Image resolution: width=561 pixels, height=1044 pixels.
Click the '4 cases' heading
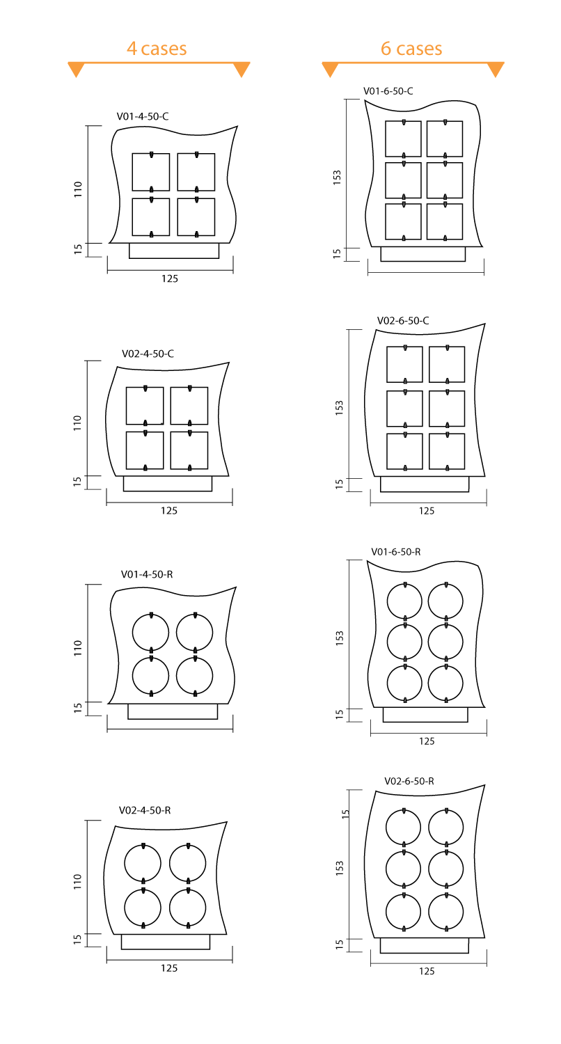[157, 49]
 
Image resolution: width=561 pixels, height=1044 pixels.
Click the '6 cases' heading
[411, 49]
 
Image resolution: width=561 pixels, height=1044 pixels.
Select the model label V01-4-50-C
[143, 116]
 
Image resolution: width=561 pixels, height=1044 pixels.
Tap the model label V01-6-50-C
[388, 91]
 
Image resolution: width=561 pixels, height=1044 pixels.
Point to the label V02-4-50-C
[148, 354]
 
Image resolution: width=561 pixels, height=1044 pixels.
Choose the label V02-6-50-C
[403, 321]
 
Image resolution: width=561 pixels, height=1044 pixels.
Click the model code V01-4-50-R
[147, 575]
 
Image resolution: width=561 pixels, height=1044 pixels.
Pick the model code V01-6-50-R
[396, 552]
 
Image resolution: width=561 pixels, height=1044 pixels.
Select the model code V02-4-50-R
[145, 811]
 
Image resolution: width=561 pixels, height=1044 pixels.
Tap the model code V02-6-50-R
[409, 781]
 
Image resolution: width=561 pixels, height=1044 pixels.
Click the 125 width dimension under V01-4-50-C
[170, 278]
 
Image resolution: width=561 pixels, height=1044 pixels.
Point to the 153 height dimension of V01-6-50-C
[338, 177]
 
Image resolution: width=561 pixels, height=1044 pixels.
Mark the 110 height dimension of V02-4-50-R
[78, 881]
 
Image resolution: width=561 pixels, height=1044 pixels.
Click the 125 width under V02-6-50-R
[427, 972]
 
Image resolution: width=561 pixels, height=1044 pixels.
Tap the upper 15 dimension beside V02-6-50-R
[345, 814]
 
